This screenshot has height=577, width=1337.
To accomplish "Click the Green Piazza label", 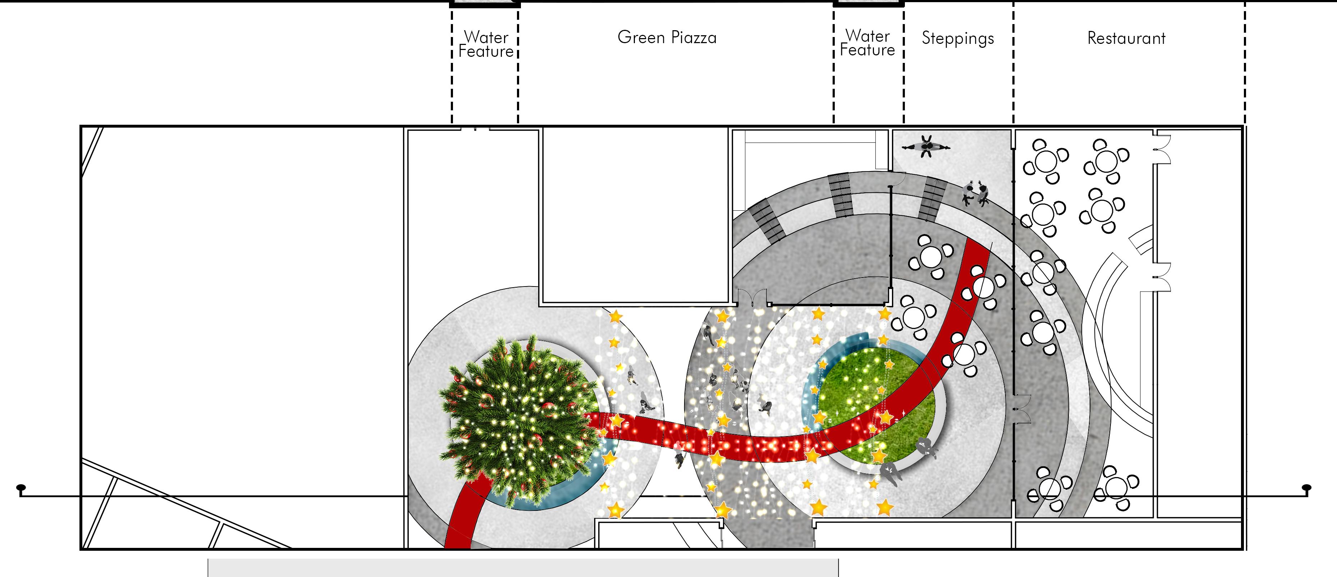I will tap(667, 37).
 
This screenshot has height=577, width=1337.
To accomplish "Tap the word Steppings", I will tap(958, 38).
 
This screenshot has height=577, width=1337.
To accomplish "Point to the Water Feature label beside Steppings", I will tap(867, 43).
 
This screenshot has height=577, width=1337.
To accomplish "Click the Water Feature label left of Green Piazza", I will tap(486, 44).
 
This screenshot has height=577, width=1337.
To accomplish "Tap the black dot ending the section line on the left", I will tap(21, 488).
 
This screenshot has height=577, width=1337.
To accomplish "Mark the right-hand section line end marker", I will tap(1307, 488).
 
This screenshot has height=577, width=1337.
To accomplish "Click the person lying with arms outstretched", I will tap(926, 147).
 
